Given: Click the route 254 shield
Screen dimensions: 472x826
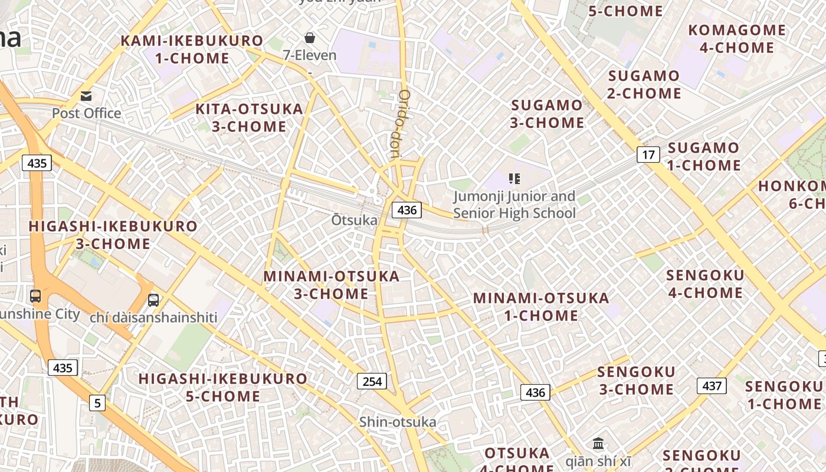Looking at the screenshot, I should coord(372,381).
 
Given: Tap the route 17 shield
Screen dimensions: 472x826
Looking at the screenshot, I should coord(648,155).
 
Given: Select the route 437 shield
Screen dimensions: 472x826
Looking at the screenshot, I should coord(712,386).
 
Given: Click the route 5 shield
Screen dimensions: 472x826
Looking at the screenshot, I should coord(97,404).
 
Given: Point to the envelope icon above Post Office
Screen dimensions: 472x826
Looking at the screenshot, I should coord(86,96).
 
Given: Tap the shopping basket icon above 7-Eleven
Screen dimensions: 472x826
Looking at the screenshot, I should coord(310,38).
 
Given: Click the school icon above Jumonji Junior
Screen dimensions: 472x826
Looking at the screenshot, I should coord(514,178).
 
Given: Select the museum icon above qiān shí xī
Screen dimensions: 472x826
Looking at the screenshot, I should coord(598,443).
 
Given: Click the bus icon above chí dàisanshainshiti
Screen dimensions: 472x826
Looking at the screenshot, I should coord(153,300).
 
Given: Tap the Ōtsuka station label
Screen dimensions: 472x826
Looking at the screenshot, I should coord(354,220).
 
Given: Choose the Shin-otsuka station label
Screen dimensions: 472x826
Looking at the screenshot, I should coord(398,422).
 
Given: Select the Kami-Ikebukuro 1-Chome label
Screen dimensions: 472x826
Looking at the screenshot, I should coord(192,50).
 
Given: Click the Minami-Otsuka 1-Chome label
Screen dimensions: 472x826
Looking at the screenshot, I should coord(541,307).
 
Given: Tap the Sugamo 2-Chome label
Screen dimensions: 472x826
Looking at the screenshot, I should coord(644,84).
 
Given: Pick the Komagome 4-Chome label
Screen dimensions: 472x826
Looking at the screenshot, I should coord(737,39).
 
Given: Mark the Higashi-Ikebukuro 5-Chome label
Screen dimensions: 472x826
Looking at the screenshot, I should coord(223,387).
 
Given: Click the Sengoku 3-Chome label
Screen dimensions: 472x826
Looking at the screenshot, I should coord(636,381).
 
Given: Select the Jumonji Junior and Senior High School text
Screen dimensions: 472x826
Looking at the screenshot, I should coord(514,205).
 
